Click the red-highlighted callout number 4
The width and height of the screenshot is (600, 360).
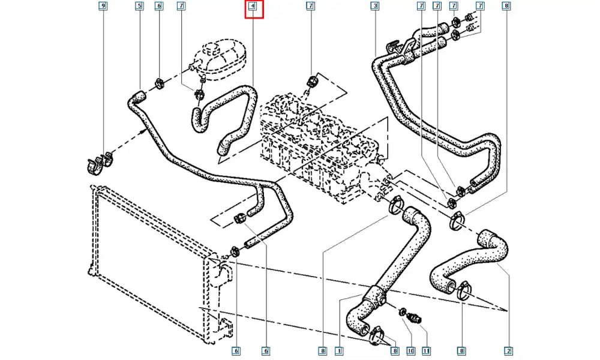pyautogui.click(x=253, y=7)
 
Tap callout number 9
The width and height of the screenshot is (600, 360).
pyautogui.click(x=104, y=7)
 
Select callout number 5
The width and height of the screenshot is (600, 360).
pyautogui.click(x=139, y=7)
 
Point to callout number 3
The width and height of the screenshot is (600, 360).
pyautogui.click(x=374, y=7)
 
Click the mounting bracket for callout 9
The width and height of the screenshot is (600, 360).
pyautogui.click(x=98, y=164)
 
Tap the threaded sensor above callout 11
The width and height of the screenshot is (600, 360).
pyautogui.click(x=416, y=318)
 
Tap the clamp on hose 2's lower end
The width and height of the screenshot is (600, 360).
pyautogui.click(x=464, y=293)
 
